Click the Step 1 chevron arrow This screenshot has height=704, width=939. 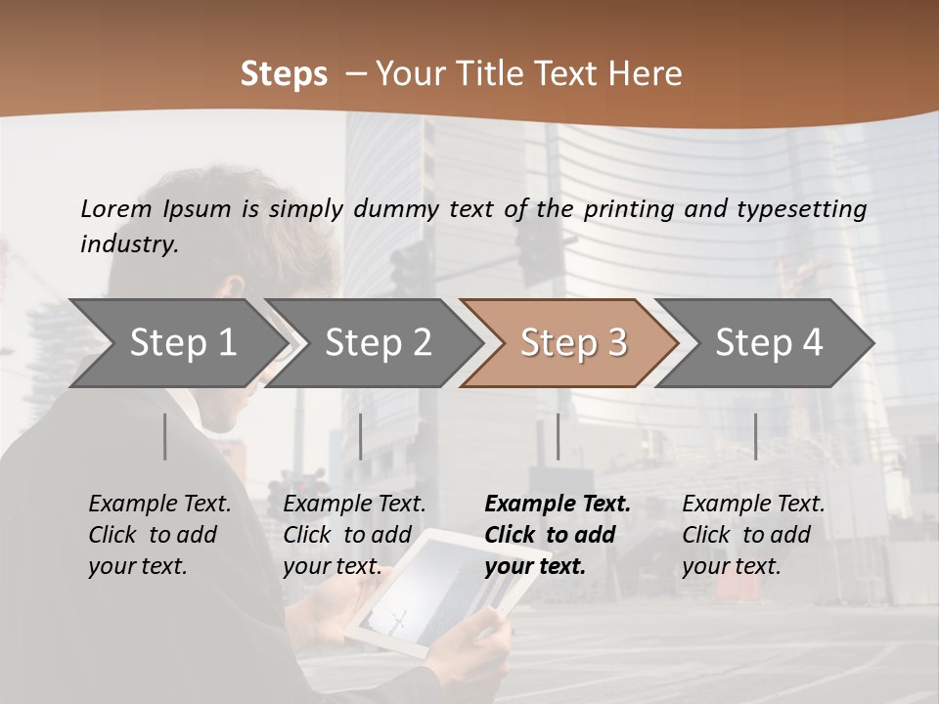(x=182, y=343)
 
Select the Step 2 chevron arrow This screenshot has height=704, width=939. (x=378, y=343)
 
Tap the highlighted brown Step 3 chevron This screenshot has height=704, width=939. (x=572, y=343)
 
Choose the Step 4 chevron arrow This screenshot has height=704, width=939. (x=768, y=343)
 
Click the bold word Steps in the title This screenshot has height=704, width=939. (x=284, y=74)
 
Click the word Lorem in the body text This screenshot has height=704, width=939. (x=116, y=208)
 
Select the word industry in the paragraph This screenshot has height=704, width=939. (x=129, y=244)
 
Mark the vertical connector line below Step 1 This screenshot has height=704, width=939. (x=165, y=436)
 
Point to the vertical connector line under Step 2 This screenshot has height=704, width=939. (x=361, y=436)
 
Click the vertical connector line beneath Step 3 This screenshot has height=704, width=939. (x=558, y=436)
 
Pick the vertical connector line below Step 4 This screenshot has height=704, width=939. (x=755, y=436)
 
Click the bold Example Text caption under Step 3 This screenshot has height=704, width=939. (x=558, y=534)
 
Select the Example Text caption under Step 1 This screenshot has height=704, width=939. (x=159, y=534)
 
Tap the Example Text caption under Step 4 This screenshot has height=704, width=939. (x=753, y=534)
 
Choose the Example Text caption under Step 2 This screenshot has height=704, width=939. (x=354, y=534)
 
